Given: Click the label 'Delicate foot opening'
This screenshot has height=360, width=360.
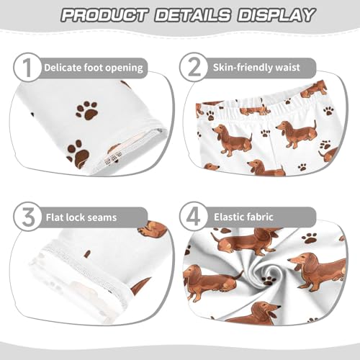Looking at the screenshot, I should (94, 68).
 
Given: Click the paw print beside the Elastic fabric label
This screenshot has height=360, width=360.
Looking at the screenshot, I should (310, 237).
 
